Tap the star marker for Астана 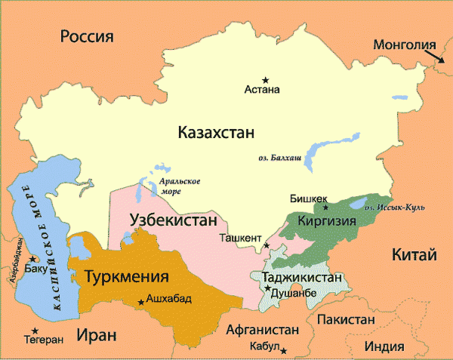[x=265, y=79]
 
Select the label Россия [x=87, y=36]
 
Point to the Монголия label [x=405, y=45]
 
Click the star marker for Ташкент [x=267, y=246]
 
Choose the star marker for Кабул [x=283, y=350]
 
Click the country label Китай [x=414, y=256]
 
